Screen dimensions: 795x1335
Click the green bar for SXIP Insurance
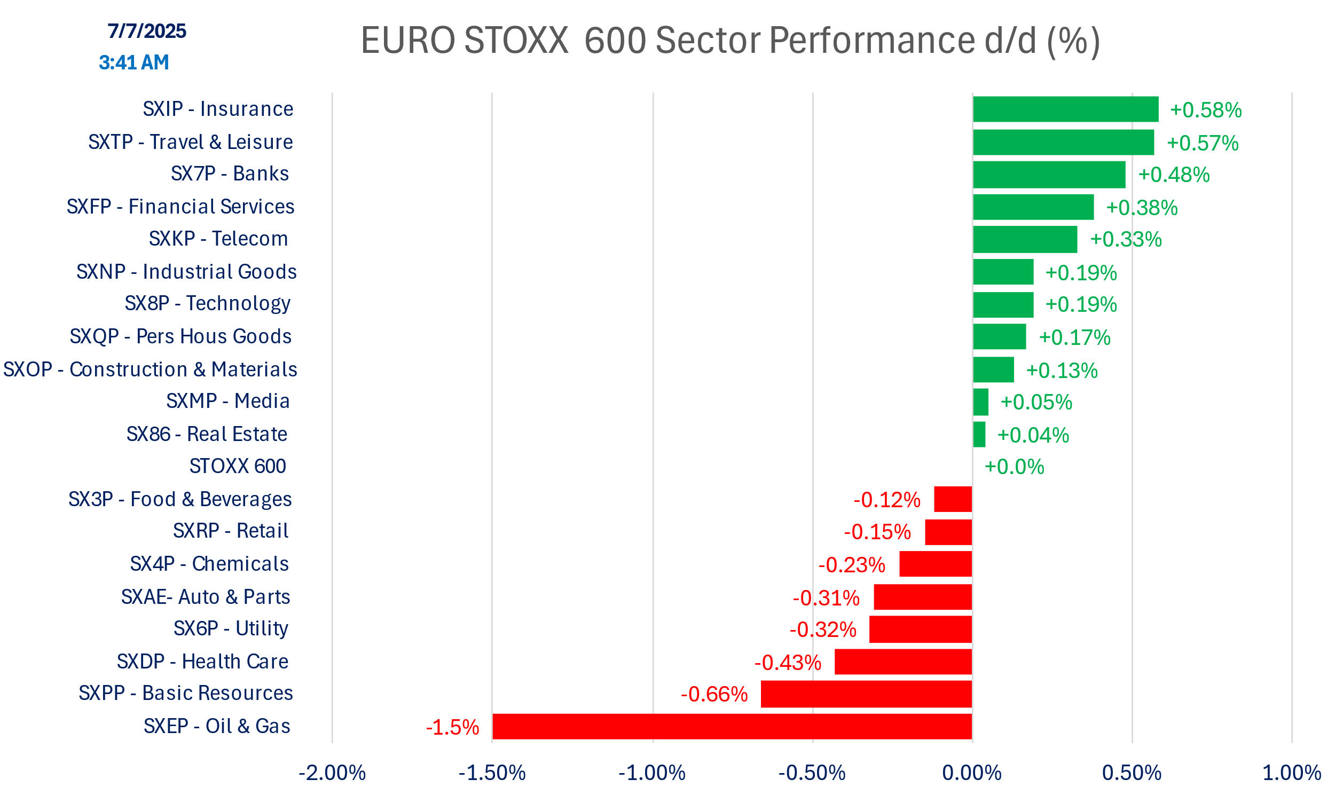pyautogui.click(x=1065, y=109)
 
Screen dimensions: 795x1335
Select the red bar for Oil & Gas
pyautogui.click(x=732, y=727)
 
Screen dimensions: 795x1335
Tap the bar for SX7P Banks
pyautogui.click(x=1049, y=175)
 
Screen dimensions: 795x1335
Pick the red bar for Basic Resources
pyautogui.click(x=866, y=694)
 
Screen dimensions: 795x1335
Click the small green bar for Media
pyautogui.click(x=980, y=402)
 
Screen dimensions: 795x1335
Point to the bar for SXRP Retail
pyautogui.click(x=948, y=532)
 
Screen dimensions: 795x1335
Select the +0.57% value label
pyautogui.click(x=1202, y=143)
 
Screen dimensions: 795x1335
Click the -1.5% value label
pyautogui.click(x=452, y=728)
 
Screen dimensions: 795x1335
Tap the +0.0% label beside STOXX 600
pyautogui.click(x=1014, y=467)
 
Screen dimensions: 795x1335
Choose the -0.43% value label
pyautogui.click(x=788, y=663)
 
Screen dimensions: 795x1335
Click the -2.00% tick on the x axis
pyautogui.click(x=332, y=773)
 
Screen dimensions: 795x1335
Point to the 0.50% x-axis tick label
pyautogui.click(x=1132, y=773)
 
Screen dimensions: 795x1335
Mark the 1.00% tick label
pyautogui.click(x=1291, y=773)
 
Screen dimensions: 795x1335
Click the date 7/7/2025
pyautogui.click(x=147, y=31)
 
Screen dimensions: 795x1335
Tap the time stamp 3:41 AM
pyautogui.click(x=134, y=62)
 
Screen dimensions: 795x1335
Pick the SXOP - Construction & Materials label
pyautogui.click(x=150, y=369)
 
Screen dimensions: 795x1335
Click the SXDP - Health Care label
pyautogui.click(x=202, y=662)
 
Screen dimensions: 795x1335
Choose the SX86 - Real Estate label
pyautogui.click(x=207, y=434)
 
